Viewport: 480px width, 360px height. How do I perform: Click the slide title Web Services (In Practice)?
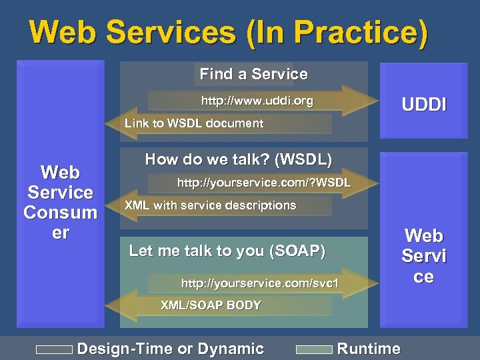229,34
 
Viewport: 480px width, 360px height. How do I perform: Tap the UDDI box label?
423,105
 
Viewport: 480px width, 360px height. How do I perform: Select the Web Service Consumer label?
60,203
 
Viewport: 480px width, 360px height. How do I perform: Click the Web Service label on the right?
423,255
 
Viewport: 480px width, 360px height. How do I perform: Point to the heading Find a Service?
253,74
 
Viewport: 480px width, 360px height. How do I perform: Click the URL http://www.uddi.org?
257,101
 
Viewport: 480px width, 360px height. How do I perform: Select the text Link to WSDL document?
194,123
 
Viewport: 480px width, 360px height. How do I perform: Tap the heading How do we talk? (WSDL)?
238,159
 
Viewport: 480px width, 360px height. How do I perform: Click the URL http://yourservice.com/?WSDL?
263,182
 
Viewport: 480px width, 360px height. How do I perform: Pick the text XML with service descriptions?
211,205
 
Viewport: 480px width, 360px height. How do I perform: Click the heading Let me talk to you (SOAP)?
227,251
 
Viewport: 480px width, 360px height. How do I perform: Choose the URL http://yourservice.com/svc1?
260,284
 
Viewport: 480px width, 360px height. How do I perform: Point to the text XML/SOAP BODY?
211,305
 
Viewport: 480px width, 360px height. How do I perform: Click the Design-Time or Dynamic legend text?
171,349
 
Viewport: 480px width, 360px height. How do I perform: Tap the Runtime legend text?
369,349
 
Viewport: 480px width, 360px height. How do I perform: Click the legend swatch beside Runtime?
313,349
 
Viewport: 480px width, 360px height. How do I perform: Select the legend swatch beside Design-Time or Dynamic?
54,349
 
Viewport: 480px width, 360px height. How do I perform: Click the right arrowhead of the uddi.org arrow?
360,100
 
